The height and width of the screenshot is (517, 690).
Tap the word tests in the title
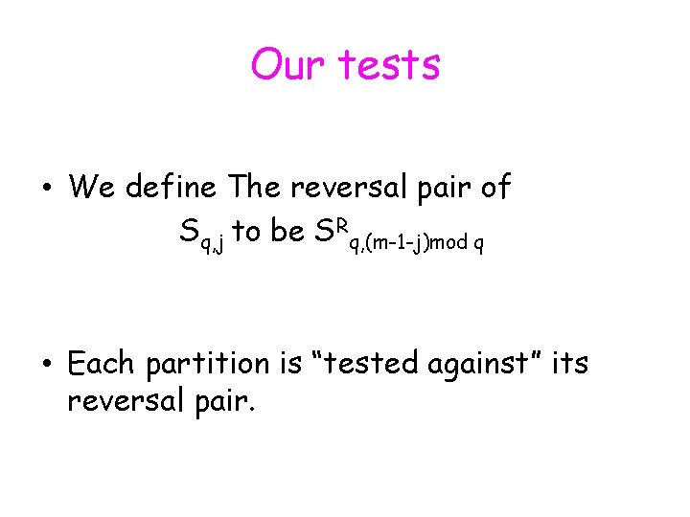389,65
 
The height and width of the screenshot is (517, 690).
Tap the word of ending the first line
494,187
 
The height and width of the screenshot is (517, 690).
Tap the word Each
102,364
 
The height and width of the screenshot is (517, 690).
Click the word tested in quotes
366,364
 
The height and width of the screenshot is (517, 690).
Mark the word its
569,364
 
